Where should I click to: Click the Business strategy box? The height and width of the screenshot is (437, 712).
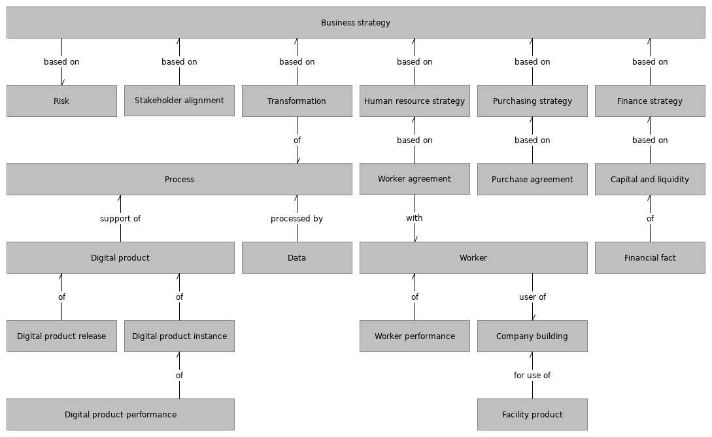(x=356, y=23)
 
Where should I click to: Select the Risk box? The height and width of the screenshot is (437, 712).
(x=61, y=101)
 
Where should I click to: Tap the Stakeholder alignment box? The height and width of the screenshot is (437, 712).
(x=179, y=101)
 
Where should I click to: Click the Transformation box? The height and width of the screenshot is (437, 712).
(x=297, y=101)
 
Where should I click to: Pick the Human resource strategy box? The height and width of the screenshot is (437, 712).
(x=415, y=101)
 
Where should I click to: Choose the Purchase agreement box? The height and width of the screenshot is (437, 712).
(x=532, y=180)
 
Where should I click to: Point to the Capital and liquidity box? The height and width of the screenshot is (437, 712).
(x=650, y=180)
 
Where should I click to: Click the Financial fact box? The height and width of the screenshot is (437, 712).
(x=650, y=258)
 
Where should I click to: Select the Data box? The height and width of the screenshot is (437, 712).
(x=297, y=258)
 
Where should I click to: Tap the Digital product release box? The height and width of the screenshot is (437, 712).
(x=61, y=336)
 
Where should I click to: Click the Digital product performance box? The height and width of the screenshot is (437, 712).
(x=120, y=415)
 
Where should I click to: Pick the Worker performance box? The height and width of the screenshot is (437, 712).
(x=415, y=336)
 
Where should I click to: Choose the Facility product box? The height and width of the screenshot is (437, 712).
(x=532, y=415)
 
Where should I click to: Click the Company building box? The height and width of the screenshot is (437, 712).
(x=532, y=336)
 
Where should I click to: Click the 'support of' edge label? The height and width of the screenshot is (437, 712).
(x=120, y=219)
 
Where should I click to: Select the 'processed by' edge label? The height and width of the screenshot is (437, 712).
(x=297, y=219)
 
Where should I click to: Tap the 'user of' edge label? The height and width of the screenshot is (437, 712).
(x=532, y=297)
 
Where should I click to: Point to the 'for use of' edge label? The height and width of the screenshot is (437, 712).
(x=532, y=376)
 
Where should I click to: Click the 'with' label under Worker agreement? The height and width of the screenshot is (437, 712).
(x=415, y=218)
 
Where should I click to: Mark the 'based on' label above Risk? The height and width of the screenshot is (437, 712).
(x=61, y=62)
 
